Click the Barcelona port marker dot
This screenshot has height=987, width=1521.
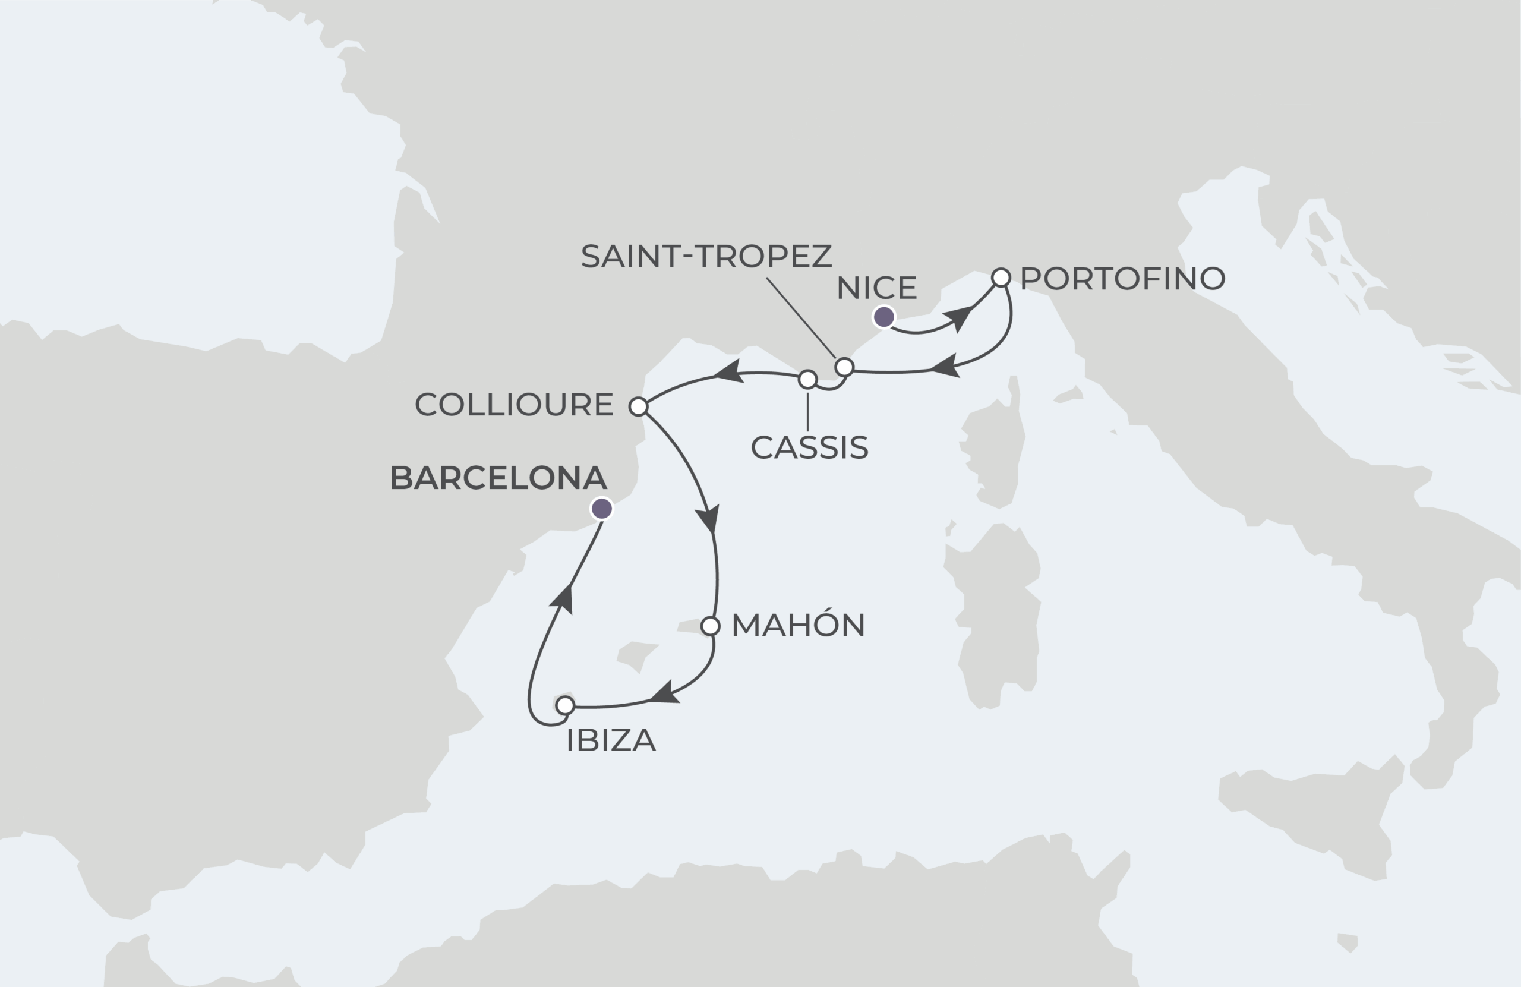tap(601, 509)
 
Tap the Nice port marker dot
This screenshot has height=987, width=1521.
tap(884, 317)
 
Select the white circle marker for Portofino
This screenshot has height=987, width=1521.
tap(1001, 278)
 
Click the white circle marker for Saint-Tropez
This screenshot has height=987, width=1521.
tap(844, 367)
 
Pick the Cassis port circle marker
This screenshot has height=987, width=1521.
tap(808, 380)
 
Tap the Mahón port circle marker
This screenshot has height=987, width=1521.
tap(710, 626)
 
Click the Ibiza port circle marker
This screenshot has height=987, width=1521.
tap(565, 706)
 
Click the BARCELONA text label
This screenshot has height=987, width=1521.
tap(498, 478)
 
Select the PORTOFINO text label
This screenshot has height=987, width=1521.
tap(1122, 279)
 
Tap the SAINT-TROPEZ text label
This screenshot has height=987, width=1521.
tap(706, 256)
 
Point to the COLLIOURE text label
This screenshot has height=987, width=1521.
tap(514, 405)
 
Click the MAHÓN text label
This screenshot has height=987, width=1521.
tap(798, 625)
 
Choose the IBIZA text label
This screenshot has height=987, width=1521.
tap(611, 741)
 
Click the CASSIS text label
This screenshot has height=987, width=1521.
tap(809, 447)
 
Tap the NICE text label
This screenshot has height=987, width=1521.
tap(877, 288)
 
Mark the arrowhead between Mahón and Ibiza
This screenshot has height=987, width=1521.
tap(665, 693)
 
